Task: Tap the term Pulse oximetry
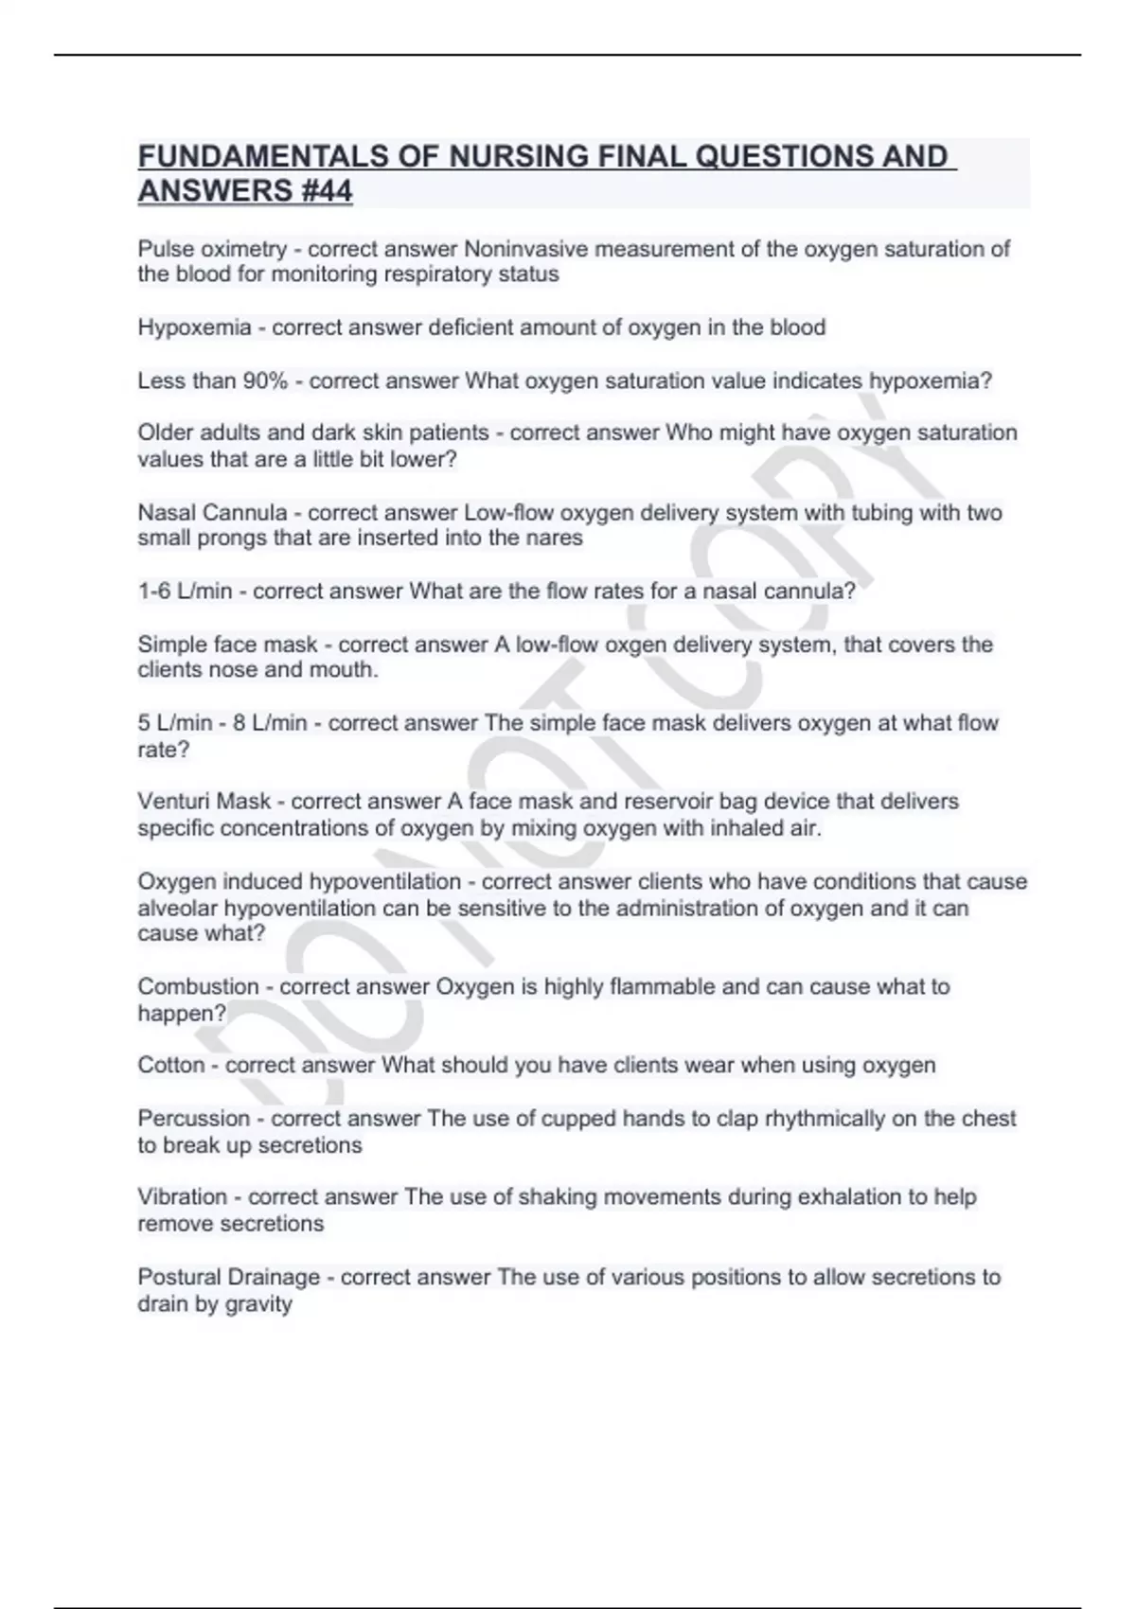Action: point(212,249)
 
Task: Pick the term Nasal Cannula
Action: point(212,512)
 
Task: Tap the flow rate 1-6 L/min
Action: point(185,592)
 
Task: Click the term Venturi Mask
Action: point(204,802)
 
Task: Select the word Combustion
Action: point(198,986)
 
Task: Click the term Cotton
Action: point(171,1065)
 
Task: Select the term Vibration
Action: point(182,1196)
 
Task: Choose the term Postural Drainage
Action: point(229,1277)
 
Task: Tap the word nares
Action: point(558,539)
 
